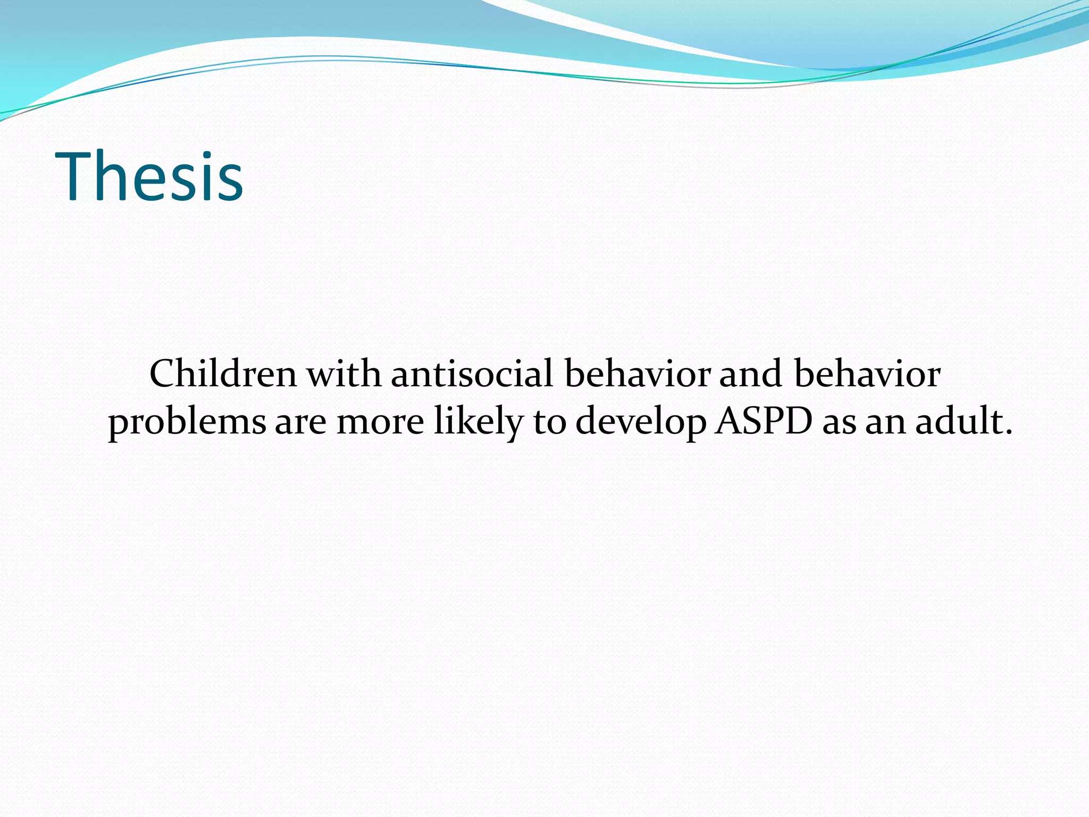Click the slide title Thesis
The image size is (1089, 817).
click(149, 177)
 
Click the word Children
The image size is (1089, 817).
click(223, 373)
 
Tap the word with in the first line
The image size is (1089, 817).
click(344, 373)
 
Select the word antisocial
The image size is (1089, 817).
click(472, 373)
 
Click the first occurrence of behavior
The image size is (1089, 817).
click(637, 373)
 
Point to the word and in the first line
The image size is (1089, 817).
click(750, 373)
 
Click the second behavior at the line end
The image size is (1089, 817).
click(867, 373)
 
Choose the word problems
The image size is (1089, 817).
click(187, 423)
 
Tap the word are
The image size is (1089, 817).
click(300, 423)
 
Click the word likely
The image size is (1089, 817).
click(479, 423)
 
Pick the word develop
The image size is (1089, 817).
click(640, 423)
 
